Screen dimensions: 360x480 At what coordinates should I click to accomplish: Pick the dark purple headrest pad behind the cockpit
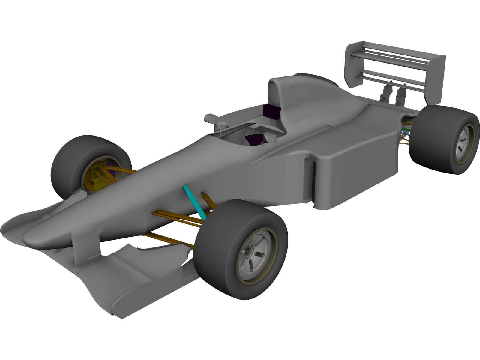pyautogui.click(x=271, y=112)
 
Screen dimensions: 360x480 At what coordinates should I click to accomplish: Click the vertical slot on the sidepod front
pyautogui.click(x=310, y=180)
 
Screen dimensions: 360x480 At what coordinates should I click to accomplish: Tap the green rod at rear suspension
pyautogui.click(x=406, y=129)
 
